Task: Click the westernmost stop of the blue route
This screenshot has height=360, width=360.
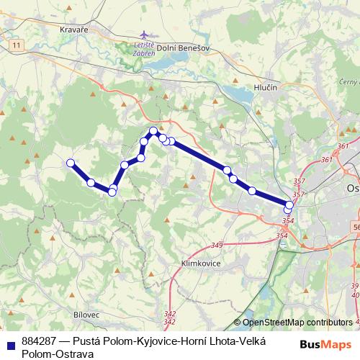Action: pos(71,163)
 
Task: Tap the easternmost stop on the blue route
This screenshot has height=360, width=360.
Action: pos(289,205)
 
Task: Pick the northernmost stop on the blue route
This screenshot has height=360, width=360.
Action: pos(153,130)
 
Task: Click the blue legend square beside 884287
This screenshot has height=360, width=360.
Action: pos(9,343)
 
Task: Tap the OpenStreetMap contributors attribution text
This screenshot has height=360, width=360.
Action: pos(297,323)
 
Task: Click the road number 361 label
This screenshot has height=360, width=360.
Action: pos(327,160)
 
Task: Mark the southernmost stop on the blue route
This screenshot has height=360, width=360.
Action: pos(112,192)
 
